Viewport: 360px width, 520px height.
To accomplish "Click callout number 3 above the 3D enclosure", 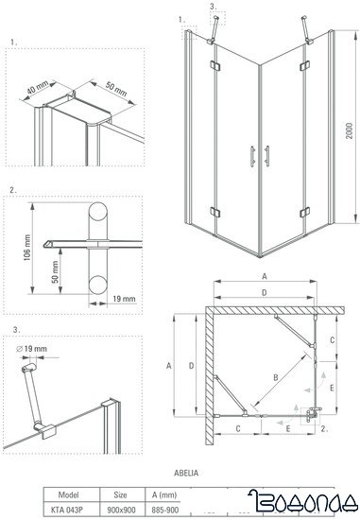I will (x=212, y=9).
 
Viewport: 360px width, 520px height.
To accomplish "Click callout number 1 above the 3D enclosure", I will (x=180, y=17).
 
